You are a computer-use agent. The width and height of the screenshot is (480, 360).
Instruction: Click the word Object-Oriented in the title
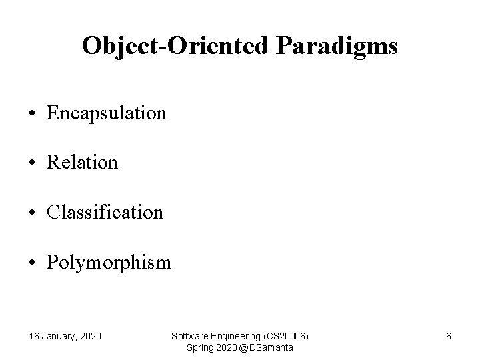point(177,47)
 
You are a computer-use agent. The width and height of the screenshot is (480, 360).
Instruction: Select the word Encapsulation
point(107,113)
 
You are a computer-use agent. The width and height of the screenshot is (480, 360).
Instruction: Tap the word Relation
point(82,163)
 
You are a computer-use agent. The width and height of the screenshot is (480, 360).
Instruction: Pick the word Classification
point(105,213)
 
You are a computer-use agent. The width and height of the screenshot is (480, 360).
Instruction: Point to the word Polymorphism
point(109,263)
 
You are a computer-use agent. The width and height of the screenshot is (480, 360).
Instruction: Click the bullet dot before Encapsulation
point(33,114)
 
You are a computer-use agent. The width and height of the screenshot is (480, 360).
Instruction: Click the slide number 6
point(449,336)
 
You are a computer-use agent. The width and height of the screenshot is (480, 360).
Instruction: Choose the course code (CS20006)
point(287,336)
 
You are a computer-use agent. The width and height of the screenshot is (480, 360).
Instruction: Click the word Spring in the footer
point(199,347)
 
